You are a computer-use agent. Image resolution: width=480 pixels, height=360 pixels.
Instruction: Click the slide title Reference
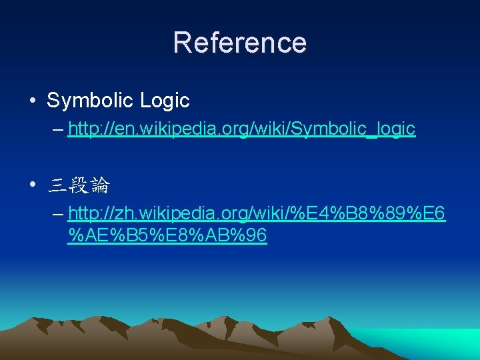240,43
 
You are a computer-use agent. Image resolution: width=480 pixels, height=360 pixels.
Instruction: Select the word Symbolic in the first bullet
91,101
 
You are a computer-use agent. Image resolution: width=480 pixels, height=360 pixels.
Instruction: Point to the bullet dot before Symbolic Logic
33,101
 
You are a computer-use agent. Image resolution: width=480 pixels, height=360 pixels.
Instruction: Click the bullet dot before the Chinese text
33,186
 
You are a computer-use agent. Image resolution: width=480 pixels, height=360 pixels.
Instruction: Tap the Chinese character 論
100,186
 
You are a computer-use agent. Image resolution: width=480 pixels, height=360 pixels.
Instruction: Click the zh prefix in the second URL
123,214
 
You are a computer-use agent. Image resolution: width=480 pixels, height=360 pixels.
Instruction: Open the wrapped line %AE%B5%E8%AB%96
167,236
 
